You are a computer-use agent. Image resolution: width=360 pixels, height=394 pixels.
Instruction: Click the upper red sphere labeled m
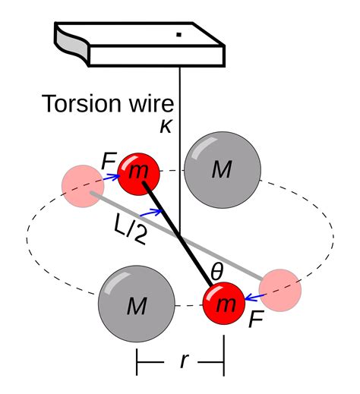pos(138,172)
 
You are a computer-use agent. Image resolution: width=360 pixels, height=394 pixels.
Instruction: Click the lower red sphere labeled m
pos(224,304)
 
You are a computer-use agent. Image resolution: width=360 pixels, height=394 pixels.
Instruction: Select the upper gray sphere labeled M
pos(223,170)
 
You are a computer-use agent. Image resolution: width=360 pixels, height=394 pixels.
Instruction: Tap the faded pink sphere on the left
pos(83,184)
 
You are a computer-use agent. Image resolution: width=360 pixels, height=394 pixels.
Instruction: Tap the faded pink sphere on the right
pos(281,289)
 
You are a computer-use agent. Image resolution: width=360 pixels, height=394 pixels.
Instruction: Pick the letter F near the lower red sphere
pos(257,319)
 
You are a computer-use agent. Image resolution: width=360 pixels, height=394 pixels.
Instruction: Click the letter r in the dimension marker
pos(183,361)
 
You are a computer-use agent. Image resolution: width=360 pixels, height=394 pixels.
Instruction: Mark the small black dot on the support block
pos(178,34)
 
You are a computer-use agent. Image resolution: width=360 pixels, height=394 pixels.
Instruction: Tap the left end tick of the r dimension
pos(137,362)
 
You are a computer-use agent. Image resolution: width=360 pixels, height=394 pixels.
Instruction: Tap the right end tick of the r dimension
pos(223,362)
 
